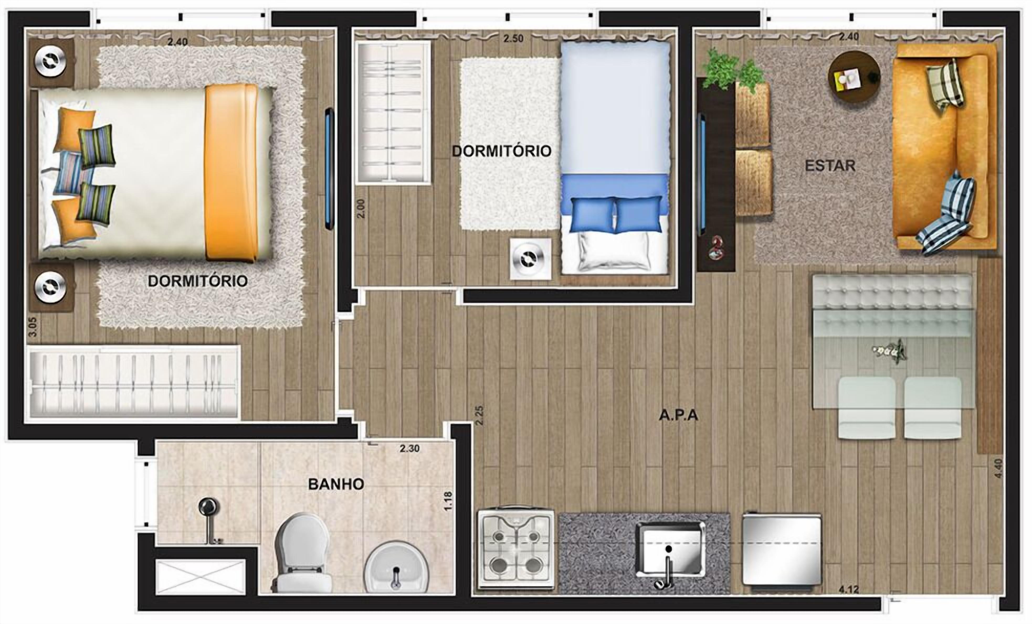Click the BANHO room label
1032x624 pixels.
pyautogui.click(x=336, y=484)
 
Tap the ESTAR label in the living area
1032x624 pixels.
pyautogui.click(x=830, y=166)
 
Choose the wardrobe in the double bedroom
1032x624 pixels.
pyautogui.click(x=133, y=382)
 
